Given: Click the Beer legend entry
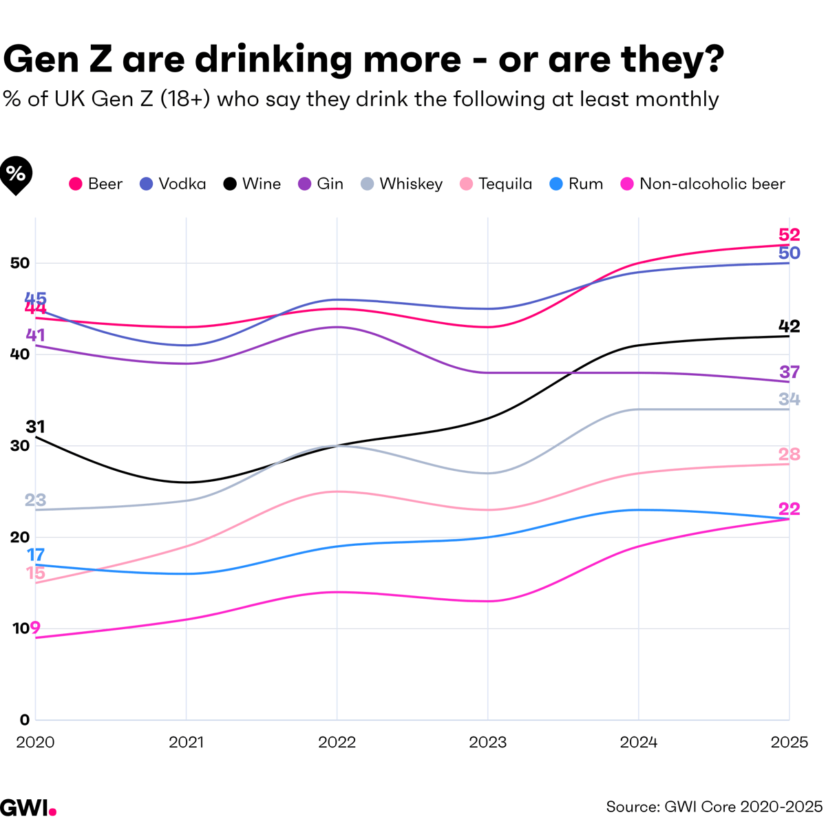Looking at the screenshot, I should tap(96, 184).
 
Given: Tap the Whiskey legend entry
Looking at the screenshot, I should tap(402, 184).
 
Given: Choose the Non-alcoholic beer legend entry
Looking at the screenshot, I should tap(703, 184).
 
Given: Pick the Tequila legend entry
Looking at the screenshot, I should tap(496, 184).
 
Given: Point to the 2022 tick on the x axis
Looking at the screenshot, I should tap(337, 742).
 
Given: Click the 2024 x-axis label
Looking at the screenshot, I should tap(638, 742).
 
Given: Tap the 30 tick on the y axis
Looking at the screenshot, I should tap(20, 446).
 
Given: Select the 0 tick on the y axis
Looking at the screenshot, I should tap(25, 720).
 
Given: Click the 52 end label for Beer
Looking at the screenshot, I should tap(789, 235).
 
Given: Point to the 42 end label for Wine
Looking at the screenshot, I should tap(789, 326).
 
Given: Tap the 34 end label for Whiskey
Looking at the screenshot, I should tap(789, 399).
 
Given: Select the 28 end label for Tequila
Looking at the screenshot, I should tap(789, 454).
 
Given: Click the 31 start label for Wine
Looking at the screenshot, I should tap(35, 427).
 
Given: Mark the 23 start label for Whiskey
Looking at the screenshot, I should tap(35, 500).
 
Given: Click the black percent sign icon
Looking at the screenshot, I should tap(16, 174).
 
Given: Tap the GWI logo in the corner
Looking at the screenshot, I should tap(28, 807).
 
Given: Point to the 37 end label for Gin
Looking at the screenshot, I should tap(789, 372).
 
